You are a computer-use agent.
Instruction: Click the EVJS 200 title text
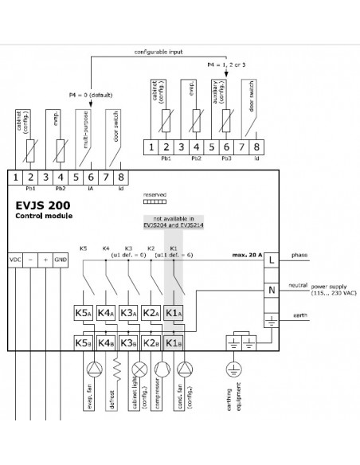[x=43, y=205]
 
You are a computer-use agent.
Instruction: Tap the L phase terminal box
[x=272, y=260]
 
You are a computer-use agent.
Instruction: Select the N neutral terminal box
[x=272, y=290]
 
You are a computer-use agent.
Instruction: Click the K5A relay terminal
[x=83, y=313]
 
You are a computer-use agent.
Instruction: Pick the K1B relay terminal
[x=174, y=343]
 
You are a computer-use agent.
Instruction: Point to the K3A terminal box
[x=128, y=313]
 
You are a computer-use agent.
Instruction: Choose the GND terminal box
[x=61, y=260]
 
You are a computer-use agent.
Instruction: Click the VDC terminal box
[x=15, y=260]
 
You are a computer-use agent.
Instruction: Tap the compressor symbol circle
[x=162, y=369]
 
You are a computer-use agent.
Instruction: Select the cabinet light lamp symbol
[x=139, y=369]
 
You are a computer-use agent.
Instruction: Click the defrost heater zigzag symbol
[x=118, y=369]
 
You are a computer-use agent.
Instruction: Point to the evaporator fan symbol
[x=95, y=369]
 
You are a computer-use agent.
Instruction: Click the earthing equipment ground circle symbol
[x=234, y=369]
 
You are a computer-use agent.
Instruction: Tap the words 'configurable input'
[x=158, y=52]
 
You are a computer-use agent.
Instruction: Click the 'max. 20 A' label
[x=247, y=255]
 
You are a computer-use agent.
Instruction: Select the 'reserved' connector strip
[x=155, y=202]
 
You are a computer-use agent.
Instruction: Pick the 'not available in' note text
[x=174, y=218]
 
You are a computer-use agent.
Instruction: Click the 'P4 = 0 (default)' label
[x=91, y=96]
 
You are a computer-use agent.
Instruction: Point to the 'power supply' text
[x=329, y=287]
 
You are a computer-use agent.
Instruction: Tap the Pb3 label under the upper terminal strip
[x=226, y=158]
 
